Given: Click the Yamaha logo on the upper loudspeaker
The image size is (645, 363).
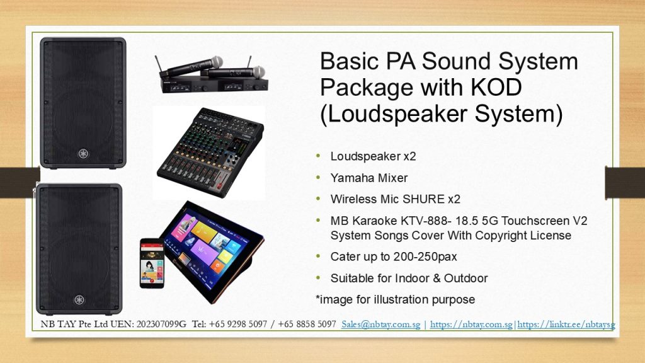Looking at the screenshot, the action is [x=84, y=154].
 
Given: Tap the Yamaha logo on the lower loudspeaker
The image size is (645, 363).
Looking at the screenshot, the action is [x=79, y=299].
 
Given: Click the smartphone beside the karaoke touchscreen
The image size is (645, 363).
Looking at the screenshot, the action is [x=152, y=263].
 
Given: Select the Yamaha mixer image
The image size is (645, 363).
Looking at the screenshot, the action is [x=210, y=153].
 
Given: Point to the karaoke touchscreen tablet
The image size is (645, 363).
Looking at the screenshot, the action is [x=212, y=252].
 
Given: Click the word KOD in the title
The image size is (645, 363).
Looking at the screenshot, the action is [x=496, y=87].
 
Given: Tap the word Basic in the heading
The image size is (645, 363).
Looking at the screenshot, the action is [x=349, y=61].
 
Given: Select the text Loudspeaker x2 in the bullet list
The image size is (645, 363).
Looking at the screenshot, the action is [x=373, y=156].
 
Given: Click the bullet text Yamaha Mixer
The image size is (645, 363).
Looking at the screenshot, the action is [x=369, y=178].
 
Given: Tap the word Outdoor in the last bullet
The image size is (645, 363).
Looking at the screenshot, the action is [x=465, y=278].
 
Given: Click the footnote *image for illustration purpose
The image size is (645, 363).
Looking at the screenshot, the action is [x=396, y=299].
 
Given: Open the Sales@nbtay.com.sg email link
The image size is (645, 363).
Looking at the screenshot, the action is [x=381, y=325].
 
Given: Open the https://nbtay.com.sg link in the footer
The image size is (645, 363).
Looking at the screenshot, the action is [x=471, y=325].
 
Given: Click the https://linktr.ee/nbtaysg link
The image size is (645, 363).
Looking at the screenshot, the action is [x=566, y=325].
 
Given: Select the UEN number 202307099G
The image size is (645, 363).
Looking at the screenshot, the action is [x=161, y=325].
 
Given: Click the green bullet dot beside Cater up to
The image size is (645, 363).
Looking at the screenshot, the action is [x=318, y=256].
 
